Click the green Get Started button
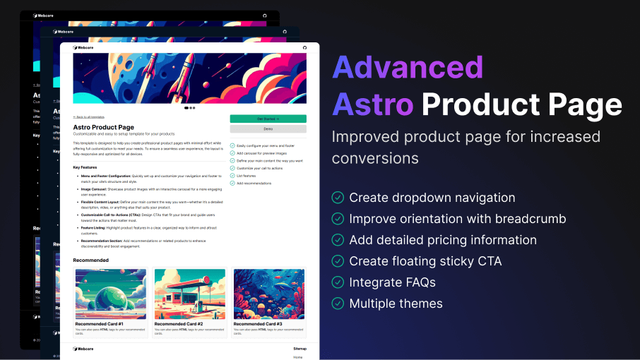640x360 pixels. tap(268, 119)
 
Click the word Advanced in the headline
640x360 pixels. tap(408, 68)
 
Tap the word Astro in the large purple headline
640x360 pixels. tap(372, 104)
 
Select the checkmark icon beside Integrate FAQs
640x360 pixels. tap(338, 282)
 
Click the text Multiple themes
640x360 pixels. tap(396, 304)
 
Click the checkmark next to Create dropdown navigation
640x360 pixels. tap(338, 198)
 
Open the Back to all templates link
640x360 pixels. tap(89, 116)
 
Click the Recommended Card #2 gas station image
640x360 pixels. tap(189, 294)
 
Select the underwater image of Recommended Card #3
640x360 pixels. tap(268, 294)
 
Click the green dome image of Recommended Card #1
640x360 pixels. tap(110, 294)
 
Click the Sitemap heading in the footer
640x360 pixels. tap(300, 349)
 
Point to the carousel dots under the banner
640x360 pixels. tap(189, 108)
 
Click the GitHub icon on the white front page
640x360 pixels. tap(304, 48)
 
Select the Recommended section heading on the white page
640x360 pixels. tap(91, 260)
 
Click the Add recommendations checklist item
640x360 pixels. tap(254, 183)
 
